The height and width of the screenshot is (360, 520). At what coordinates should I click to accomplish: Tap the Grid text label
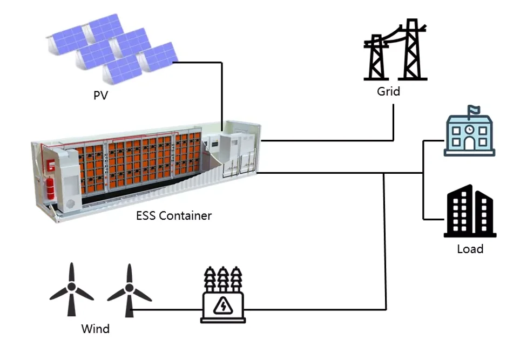coord(388,91)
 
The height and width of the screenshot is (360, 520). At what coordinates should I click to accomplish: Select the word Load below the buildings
coord(470,249)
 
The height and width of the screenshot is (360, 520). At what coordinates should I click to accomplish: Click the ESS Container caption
coord(174,216)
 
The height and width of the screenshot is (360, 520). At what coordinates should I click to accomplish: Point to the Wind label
coord(95,329)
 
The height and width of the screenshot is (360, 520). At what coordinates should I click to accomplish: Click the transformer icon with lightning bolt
coord(222,296)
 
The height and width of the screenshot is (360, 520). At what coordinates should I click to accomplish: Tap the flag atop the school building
coord(474,110)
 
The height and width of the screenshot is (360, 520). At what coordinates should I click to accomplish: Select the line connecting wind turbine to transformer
coord(167,310)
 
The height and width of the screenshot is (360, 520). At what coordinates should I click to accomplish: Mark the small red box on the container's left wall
coord(52,165)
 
